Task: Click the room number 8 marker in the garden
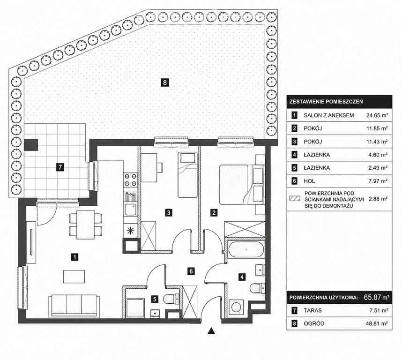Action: tap(164, 82)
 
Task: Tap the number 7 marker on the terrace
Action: tap(60, 167)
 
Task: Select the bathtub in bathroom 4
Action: tap(246, 249)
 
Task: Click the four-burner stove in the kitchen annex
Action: tap(130, 180)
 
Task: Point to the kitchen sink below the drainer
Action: tap(130, 210)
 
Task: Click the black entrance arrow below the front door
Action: tap(211, 331)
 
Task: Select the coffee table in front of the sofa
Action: tap(74, 277)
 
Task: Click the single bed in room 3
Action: tap(188, 175)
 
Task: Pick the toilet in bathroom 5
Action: tap(171, 298)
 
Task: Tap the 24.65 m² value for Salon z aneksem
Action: tap(377, 115)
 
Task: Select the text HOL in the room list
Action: tap(309, 181)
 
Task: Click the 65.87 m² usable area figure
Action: tap(376, 298)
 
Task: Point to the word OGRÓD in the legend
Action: tap(314, 323)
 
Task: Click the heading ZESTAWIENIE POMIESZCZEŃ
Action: tap(326, 102)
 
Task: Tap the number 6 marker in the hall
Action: tap(191, 271)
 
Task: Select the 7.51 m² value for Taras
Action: tap(378, 310)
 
